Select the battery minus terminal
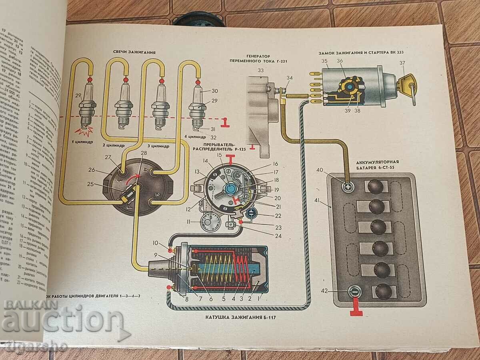(x=354, y=292)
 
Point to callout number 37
(x=402, y=62)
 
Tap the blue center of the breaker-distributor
(x=231, y=188)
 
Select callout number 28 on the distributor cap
(x=144, y=153)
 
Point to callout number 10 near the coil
(x=155, y=243)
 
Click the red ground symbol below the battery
(x=356, y=310)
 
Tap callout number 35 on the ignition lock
(x=324, y=61)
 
